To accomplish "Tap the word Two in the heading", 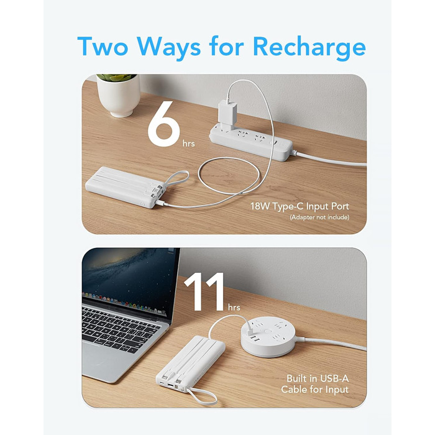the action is tap(103, 47).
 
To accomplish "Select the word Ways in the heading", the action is tap(168, 48).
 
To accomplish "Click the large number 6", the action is tap(163, 124).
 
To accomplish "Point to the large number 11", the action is tap(204, 292).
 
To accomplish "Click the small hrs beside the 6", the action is tap(189, 144).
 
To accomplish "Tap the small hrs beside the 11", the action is tap(234, 307).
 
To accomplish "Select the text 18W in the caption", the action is tap(260, 206).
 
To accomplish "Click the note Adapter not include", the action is tap(319, 217).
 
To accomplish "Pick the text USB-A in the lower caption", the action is tap(334, 378).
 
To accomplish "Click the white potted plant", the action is tap(119, 94).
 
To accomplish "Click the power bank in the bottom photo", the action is tap(191, 364).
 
